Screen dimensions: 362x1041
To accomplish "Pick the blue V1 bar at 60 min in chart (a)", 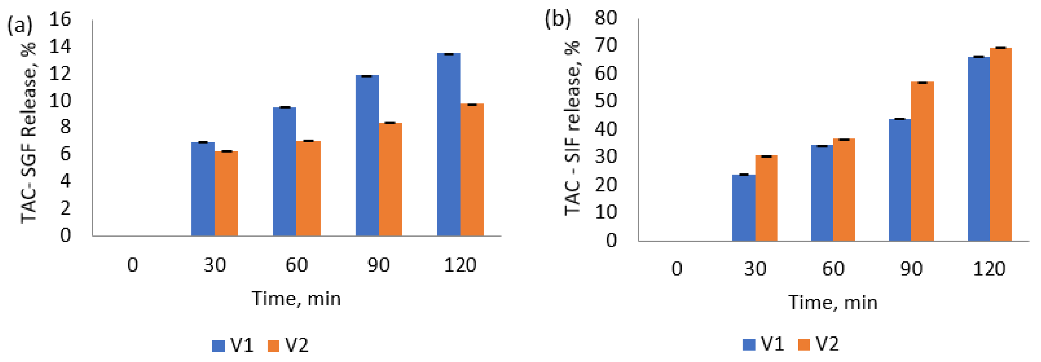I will point(284,171).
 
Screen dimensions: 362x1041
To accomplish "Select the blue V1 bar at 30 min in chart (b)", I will point(743,208).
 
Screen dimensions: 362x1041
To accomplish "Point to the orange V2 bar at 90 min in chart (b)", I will point(922,161).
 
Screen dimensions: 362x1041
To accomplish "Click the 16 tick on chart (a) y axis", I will point(60,19).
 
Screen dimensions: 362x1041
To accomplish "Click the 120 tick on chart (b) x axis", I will point(989,269).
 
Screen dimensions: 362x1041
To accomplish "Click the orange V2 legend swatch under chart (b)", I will point(804,345).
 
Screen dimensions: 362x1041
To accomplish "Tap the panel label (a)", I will point(20,26).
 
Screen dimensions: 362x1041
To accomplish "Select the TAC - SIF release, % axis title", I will point(572,129).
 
